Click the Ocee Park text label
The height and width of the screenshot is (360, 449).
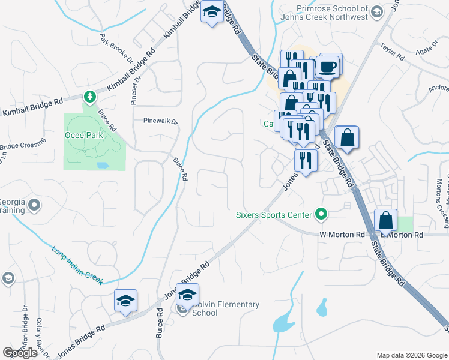[x=84, y=135]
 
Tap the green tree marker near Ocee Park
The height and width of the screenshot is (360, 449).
[x=89, y=97]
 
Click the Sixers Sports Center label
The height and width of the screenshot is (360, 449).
[x=274, y=215]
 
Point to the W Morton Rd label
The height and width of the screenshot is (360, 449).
[x=342, y=234]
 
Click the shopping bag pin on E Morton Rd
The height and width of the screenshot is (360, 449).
[x=385, y=221]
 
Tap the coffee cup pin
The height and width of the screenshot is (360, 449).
[x=328, y=66]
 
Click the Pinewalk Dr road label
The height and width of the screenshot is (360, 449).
[x=161, y=121]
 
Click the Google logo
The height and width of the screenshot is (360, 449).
[x=20, y=352]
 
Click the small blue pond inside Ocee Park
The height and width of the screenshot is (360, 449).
[x=102, y=164]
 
